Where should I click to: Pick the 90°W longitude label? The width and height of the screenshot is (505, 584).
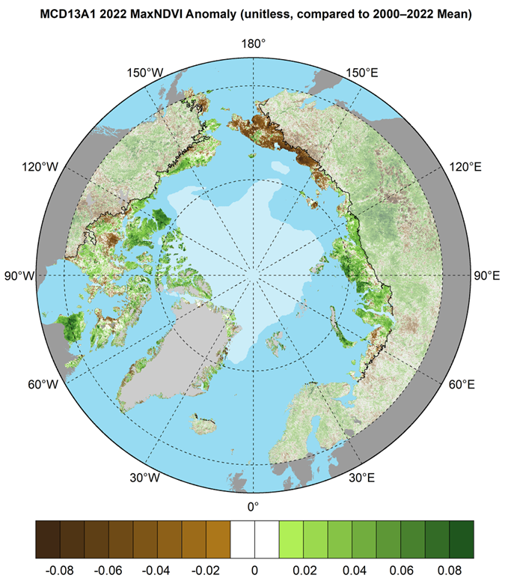pyautogui.click(x=20, y=276)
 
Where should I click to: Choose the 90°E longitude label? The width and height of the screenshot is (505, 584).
pyautogui.click(x=484, y=276)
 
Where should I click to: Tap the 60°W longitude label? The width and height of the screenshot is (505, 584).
pyautogui.click(x=43, y=385)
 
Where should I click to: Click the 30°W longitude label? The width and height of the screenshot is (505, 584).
pyautogui.click(x=144, y=478)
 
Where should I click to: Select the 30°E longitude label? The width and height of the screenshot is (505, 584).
pyautogui.click(x=361, y=478)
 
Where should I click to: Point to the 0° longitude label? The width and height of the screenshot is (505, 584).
pyautogui.click(x=252, y=507)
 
